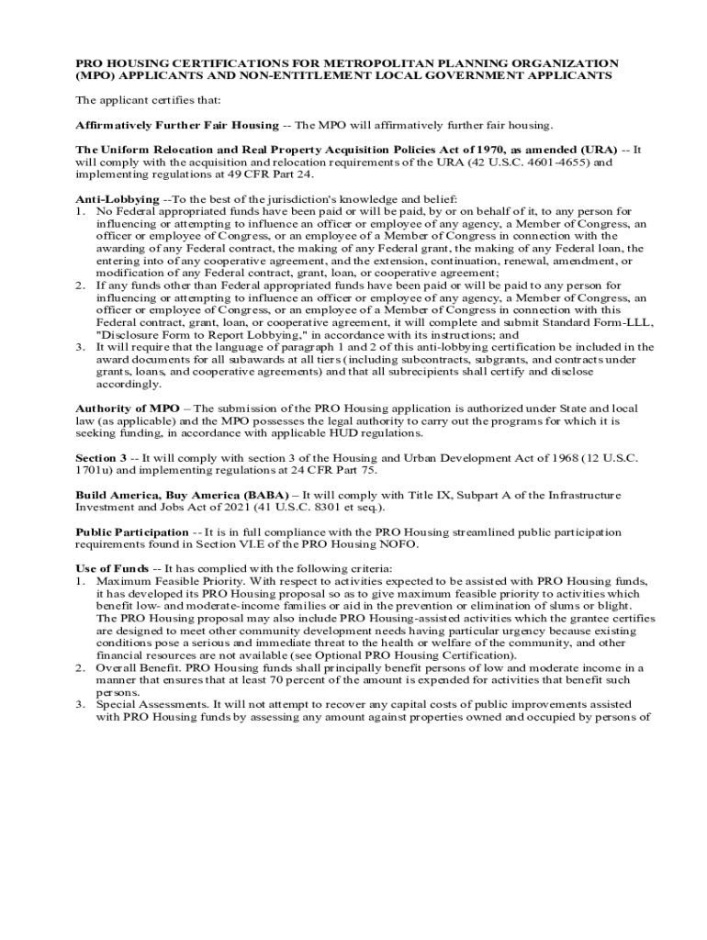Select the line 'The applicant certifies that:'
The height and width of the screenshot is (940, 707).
[x=142, y=100]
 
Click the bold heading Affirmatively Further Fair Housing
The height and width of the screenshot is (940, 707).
[x=176, y=125]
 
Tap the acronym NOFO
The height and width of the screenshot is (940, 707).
[x=398, y=545]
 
